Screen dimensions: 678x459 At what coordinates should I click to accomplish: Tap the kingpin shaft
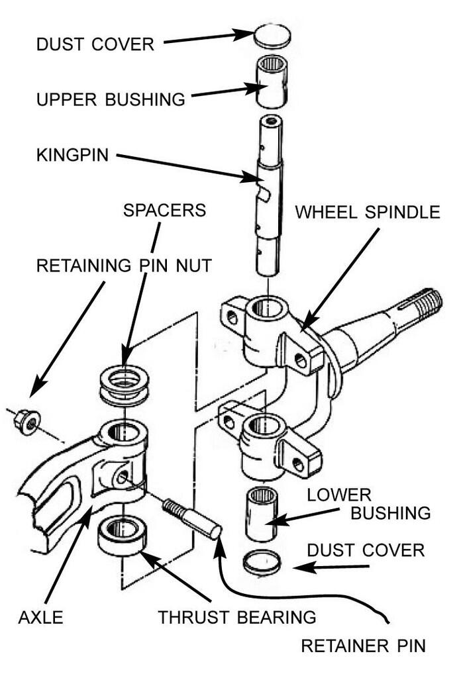click(x=269, y=199)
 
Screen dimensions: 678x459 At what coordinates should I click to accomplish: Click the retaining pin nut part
click(x=28, y=422)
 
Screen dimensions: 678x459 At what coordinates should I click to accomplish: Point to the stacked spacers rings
click(x=124, y=386)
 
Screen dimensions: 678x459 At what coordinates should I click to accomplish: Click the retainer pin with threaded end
click(x=193, y=520)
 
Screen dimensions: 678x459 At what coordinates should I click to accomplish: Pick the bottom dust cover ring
click(x=262, y=563)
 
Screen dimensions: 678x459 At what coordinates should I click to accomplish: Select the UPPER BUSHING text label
click(x=111, y=99)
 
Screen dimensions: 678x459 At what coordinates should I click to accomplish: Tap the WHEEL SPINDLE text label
click(x=367, y=213)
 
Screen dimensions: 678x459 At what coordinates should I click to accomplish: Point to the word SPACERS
click(x=164, y=211)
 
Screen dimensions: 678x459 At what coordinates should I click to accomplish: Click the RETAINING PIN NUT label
click(x=124, y=266)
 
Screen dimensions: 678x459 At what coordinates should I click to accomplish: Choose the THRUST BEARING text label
click(x=236, y=617)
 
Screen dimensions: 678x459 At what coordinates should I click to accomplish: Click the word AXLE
click(x=40, y=617)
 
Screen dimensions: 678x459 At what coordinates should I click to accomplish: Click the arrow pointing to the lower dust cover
click(x=331, y=567)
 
